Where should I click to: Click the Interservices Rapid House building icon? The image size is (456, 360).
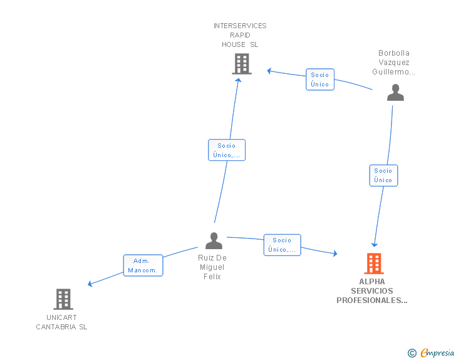(242, 64)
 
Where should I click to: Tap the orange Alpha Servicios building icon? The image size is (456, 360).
(374, 264)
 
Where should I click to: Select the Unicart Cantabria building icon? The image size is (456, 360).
(63, 299)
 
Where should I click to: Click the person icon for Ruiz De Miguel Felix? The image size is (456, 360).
(214, 241)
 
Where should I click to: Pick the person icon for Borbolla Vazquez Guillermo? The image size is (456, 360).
(395, 93)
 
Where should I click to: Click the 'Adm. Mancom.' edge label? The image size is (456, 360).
(143, 265)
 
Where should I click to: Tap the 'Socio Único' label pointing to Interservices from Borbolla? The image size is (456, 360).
(319, 80)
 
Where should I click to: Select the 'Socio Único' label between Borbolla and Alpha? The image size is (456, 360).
(383, 175)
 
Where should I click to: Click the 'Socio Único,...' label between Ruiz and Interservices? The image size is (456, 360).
(227, 150)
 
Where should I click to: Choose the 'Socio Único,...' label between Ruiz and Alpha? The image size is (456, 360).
(282, 245)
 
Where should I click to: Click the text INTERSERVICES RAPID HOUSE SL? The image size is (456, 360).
(240, 35)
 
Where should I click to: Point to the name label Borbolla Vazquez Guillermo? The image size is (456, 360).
(393, 63)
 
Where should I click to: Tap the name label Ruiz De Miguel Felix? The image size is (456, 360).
(212, 267)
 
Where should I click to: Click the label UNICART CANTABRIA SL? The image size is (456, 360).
(61, 322)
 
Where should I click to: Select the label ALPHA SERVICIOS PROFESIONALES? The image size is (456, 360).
(372, 291)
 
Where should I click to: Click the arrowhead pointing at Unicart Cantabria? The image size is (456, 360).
(90, 284)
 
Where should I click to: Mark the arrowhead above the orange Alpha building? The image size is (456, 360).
(375, 244)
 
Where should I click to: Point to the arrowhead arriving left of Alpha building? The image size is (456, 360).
(334, 254)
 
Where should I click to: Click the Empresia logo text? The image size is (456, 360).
(437, 352)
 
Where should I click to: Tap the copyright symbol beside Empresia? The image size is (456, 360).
(412, 353)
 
